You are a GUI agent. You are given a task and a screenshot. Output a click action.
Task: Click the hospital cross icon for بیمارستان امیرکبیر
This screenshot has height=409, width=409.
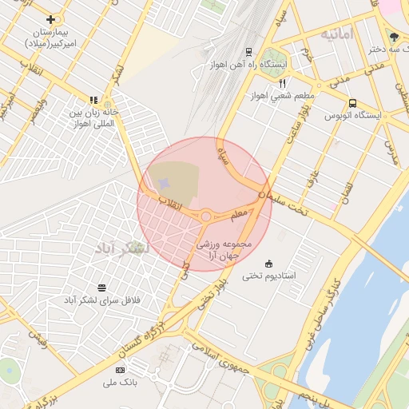(x=51, y=19)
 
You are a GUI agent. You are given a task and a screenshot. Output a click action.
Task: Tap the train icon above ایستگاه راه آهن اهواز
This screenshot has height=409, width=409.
(x=248, y=52)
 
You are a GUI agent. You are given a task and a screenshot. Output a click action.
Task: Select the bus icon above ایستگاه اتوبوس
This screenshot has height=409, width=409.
(x=352, y=103)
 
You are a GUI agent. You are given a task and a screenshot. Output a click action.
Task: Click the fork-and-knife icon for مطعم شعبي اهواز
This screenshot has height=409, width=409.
(x=282, y=83)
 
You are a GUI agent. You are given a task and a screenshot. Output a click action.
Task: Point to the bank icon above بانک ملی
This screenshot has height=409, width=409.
(x=121, y=370)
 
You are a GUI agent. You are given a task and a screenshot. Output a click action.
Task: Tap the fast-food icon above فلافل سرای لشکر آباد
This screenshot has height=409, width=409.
(x=101, y=287)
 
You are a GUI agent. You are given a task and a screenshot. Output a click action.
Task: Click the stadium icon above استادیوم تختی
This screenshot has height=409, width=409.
(x=268, y=264)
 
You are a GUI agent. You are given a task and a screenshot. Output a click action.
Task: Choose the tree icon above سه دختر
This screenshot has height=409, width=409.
(x=393, y=36)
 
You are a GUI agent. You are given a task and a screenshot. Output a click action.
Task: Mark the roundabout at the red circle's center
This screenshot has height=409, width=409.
(x=205, y=216)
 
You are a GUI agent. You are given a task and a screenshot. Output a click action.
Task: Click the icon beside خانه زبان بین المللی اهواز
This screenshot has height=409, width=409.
(x=93, y=101)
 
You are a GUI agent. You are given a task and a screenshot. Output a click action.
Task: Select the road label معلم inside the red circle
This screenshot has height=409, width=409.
(x=239, y=215)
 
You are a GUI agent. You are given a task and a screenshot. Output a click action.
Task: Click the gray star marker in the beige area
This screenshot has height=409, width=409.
(x=164, y=185)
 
